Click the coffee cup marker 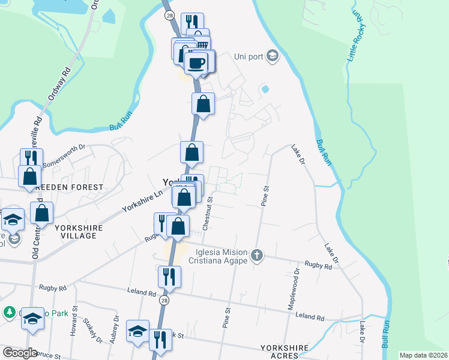coord(196,62)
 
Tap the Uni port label coord(248,56)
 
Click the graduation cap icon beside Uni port coord(272,55)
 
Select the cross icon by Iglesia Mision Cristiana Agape coord(257,256)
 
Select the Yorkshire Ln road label coord(143,200)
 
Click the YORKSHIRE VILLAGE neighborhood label coord(78,232)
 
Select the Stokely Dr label coord(92,330)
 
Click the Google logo coord(20,353)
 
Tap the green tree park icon coord(9,313)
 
